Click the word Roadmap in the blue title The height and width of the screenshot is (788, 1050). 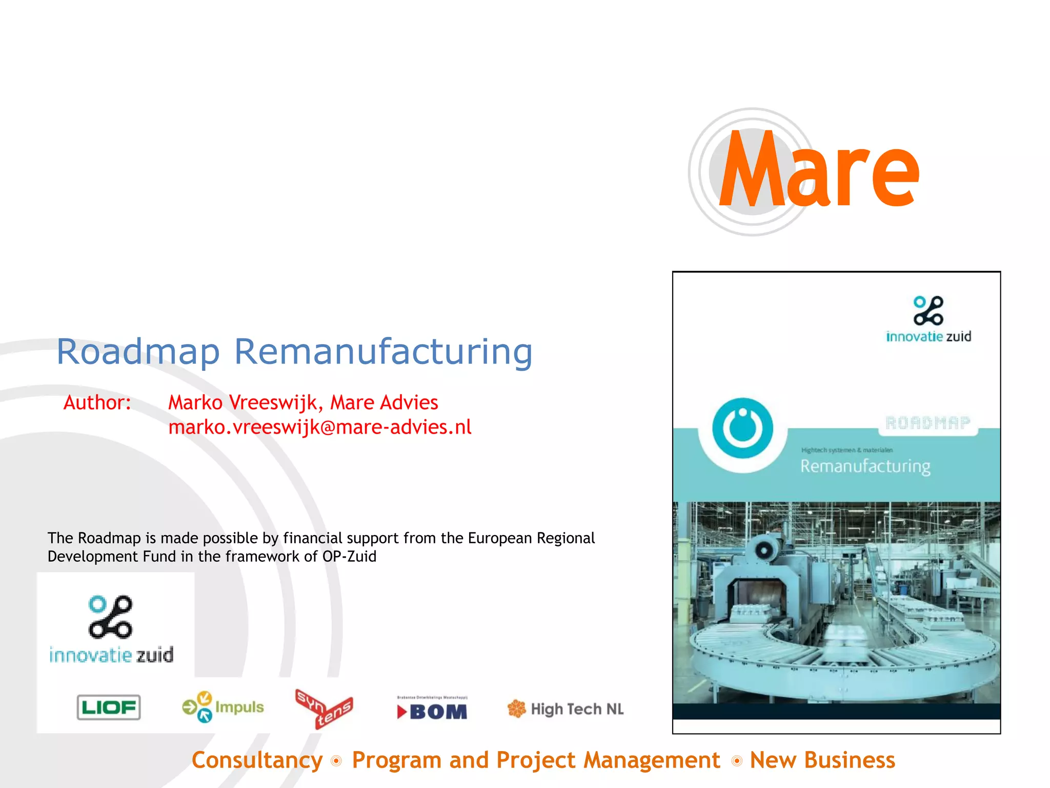(x=138, y=352)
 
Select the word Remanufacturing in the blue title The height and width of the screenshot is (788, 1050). (x=383, y=352)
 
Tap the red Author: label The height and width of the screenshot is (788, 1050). (x=97, y=403)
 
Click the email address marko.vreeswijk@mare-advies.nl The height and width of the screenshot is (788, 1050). (x=319, y=427)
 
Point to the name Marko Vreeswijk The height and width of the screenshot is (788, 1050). (x=246, y=403)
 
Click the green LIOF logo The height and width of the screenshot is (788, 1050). (x=109, y=707)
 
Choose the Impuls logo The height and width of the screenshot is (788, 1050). (x=223, y=707)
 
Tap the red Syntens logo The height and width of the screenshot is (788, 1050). (x=324, y=708)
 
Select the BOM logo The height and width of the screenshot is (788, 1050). (x=432, y=710)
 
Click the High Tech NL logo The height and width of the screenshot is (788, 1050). (x=566, y=709)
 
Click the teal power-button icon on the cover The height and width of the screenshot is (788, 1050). (x=742, y=428)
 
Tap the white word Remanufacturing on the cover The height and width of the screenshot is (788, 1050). (x=865, y=466)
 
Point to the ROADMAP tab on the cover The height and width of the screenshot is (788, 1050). (x=928, y=423)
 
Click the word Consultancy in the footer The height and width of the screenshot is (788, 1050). (x=257, y=760)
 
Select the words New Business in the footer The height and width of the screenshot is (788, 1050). (x=822, y=760)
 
